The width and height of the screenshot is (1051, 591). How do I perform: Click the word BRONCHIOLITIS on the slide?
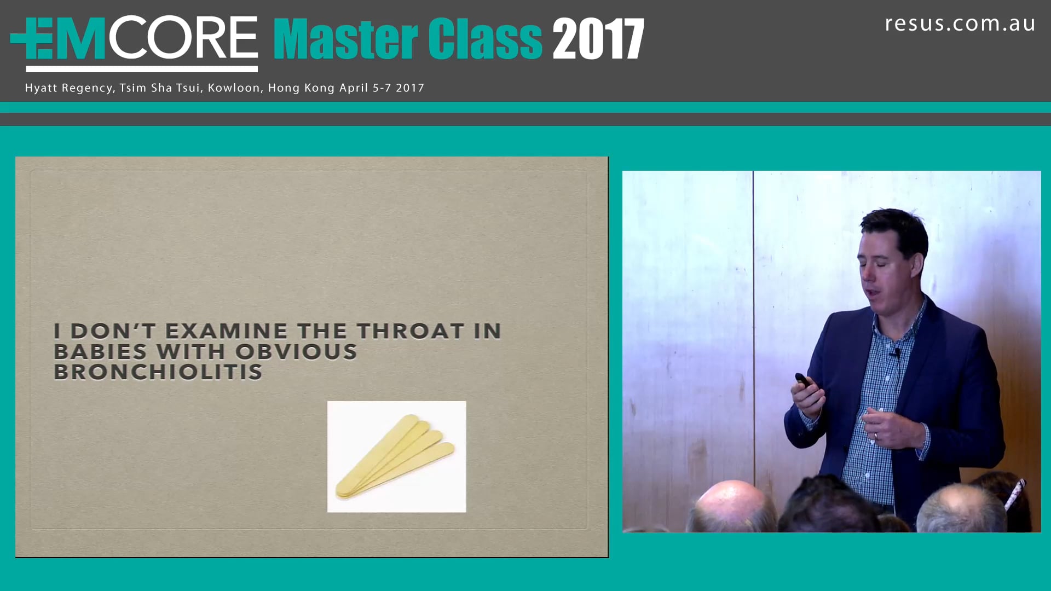[158, 372]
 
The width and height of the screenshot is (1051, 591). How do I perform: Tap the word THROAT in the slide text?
[411, 331]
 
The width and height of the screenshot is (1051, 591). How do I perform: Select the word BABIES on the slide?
[101, 352]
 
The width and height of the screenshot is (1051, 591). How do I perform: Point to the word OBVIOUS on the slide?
[296, 352]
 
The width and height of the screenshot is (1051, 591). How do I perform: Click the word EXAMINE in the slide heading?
[226, 331]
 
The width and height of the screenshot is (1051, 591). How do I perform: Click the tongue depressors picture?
[396, 456]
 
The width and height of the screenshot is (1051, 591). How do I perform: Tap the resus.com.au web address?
[960, 24]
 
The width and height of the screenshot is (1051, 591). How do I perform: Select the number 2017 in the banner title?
[598, 39]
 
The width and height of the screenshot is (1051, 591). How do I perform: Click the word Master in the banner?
[345, 39]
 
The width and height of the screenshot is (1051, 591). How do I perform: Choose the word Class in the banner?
[484, 39]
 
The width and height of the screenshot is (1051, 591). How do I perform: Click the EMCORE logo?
[134, 39]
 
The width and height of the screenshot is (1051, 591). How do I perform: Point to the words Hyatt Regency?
[70, 88]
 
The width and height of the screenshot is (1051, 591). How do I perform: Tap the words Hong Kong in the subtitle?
[301, 88]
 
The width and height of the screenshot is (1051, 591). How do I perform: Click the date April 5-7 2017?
[382, 88]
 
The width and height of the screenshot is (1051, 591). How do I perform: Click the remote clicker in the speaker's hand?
[803, 380]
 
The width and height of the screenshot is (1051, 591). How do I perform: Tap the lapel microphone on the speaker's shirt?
[897, 353]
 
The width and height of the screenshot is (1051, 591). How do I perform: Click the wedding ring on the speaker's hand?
[875, 436]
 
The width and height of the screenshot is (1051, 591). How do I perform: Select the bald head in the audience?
[731, 503]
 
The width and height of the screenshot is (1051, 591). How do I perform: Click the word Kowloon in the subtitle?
[234, 88]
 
